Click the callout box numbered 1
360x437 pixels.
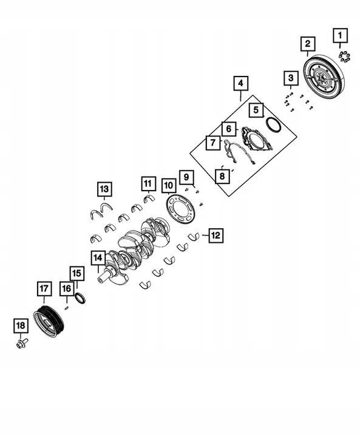pyautogui.click(x=339, y=36)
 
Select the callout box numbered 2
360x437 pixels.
pyautogui.click(x=308, y=44)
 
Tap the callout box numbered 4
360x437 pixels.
pyautogui.click(x=240, y=83)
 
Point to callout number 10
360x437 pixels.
pyautogui.click(x=169, y=185)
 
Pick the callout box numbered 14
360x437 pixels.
pyautogui.click(x=98, y=259)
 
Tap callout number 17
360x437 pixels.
pyautogui.click(x=43, y=290)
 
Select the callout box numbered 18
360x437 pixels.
pyautogui.click(x=21, y=326)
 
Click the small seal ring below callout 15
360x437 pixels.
pyautogui.click(x=80, y=297)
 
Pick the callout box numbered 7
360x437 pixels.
pyautogui.click(x=212, y=143)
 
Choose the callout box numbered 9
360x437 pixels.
pyautogui.click(x=186, y=177)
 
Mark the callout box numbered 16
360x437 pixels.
pyautogui.click(x=66, y=288)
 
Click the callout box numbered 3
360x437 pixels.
pyautogui.click(x=291, y=78)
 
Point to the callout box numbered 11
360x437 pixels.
pyautogui.click(x=148, y=182)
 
